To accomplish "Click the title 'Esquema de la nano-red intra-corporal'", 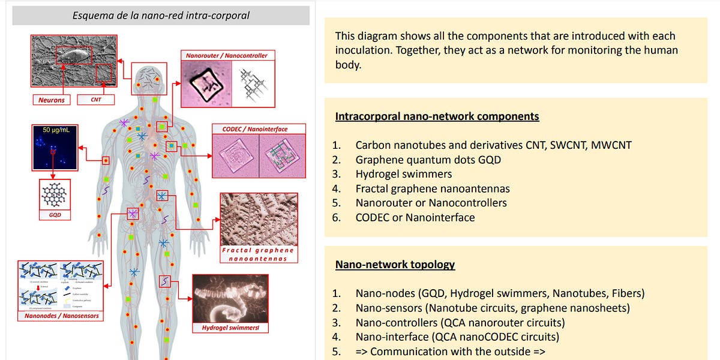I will coord(161,15).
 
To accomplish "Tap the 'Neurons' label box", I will coord(52,100).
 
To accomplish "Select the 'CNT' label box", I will coord(95,100).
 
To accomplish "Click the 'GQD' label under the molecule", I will coord(54,214).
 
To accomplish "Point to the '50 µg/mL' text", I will coord(54,130).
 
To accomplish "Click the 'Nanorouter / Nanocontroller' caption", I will coord(226,56).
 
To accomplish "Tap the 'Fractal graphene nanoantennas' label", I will coord(258,254).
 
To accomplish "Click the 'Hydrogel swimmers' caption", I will coord(230,328).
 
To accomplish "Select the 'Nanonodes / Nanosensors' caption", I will coord(62,316).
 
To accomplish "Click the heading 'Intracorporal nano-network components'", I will coord(437,116).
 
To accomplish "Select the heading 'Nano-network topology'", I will coord(395,265).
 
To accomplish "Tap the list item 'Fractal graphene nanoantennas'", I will coord(440,188).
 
